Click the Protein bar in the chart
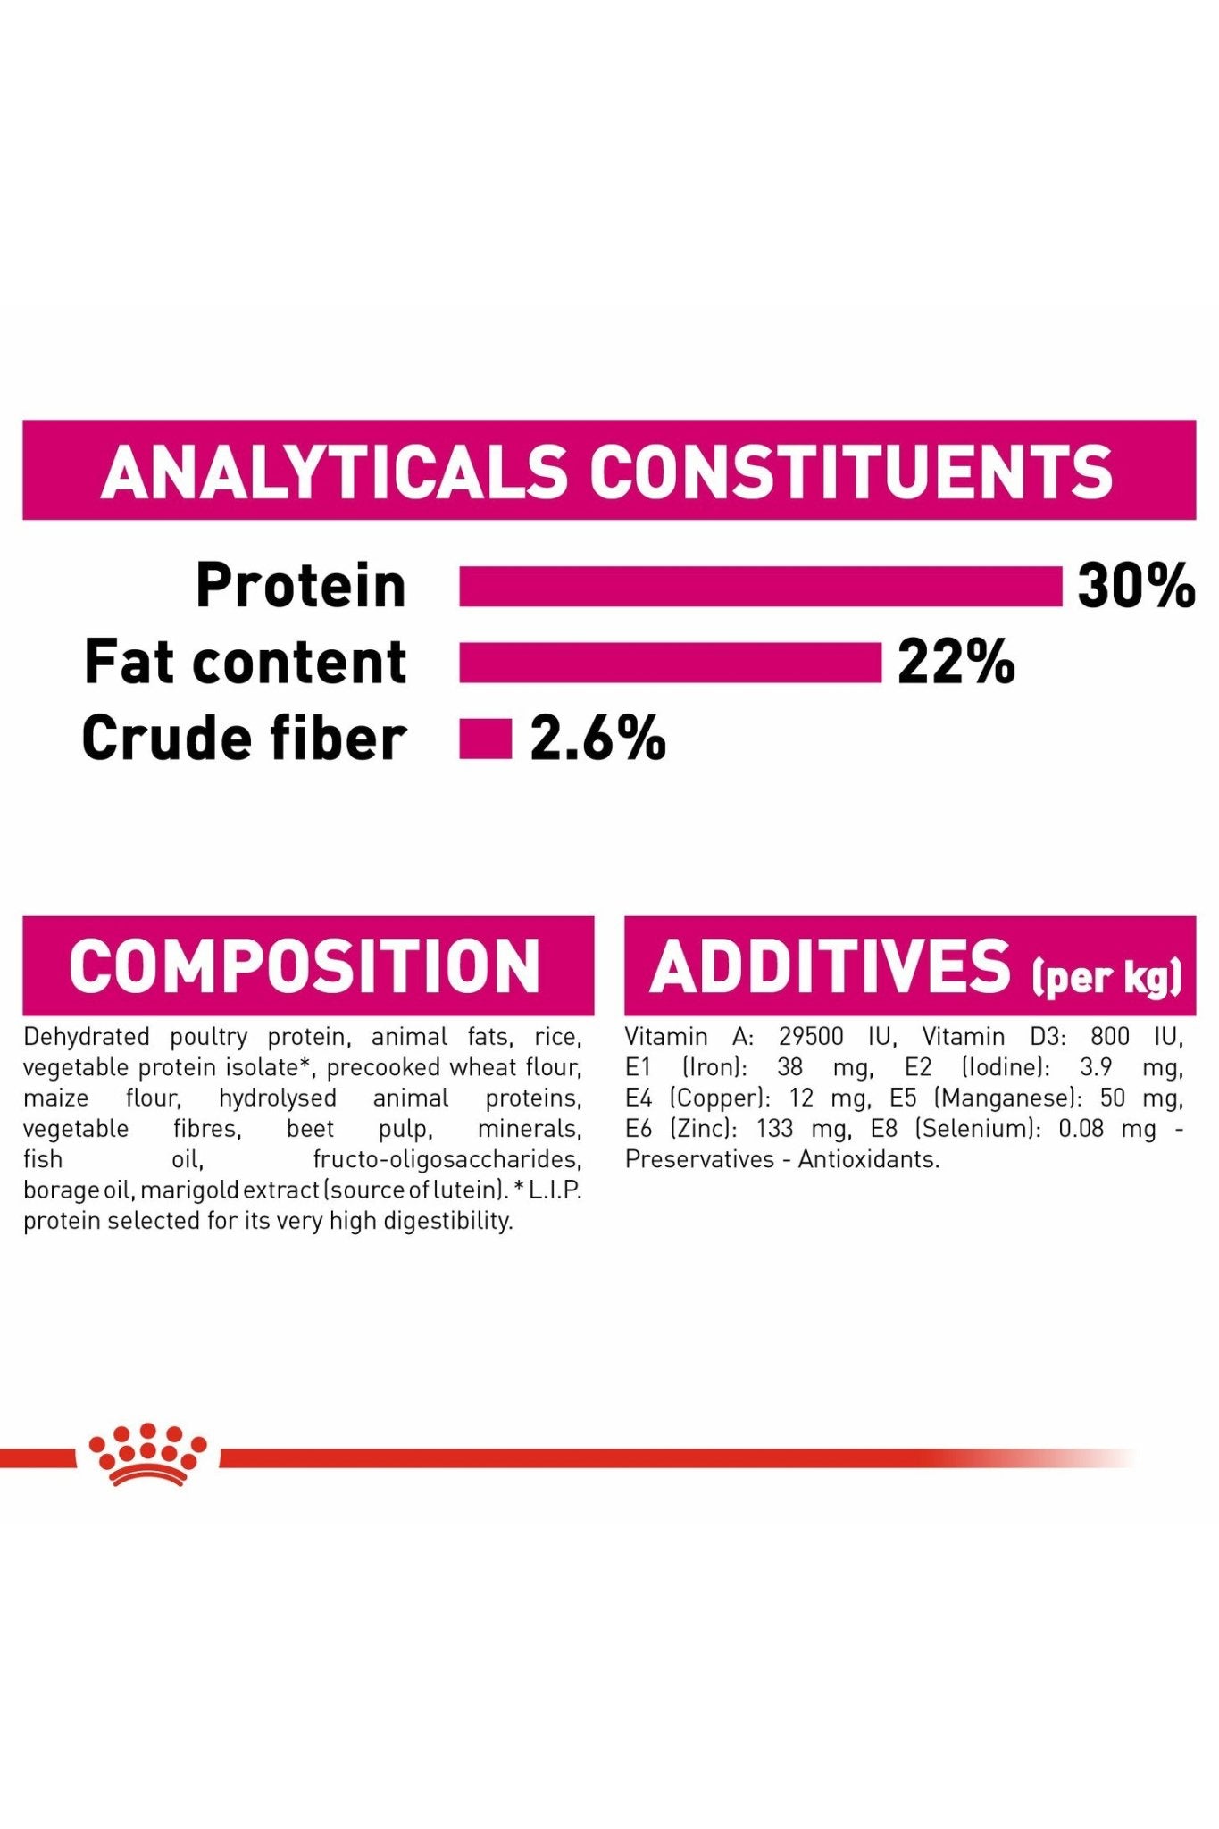click(x=761, y=587)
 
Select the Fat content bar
click(x=670, y=663)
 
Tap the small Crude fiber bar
click(x=486, y=739)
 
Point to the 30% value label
click(x=1136, y=586)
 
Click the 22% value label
click(x=956, y=662)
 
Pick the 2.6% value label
click(x=597, y=739)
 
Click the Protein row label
click(x=301, y=586)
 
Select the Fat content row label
click(x=246, y=662)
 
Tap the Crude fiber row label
click(x=245, y=739)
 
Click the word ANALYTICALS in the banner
click(x=334, y=471)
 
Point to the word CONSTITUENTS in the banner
click(x=851, y=471)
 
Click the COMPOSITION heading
click(x=305, y=966)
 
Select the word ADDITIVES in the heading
click(x=831, y=966)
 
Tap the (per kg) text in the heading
click(x=1107, y=977)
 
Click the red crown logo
click(x=147, y=1455)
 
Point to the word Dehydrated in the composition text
click(x=87, y=1037)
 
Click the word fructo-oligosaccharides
click(x=447, y=1159)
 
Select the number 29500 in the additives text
click(x=811, y=1037)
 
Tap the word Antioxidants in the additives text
click(x=869, y=1159)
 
